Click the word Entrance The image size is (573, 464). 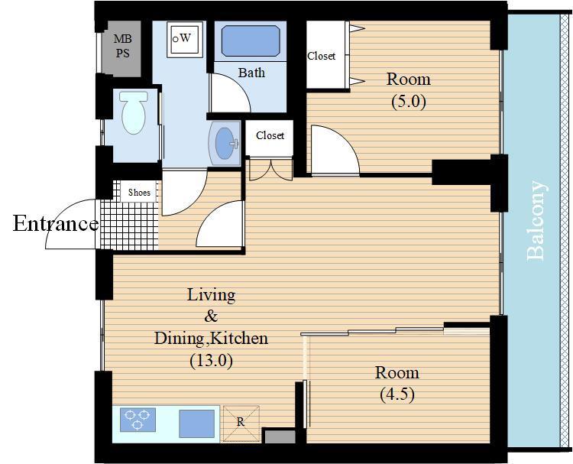click(x=56, y=223)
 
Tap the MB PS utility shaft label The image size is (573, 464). click(x=122, y=46)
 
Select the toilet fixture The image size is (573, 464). click(x=134, y=112)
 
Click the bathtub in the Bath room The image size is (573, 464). click(x=251, y=41)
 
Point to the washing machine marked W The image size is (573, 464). click(x=185, y=39)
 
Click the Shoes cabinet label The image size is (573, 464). click(x=139, y=193)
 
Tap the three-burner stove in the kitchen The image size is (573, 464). click(x=138, y=420)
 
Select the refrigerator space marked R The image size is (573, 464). click(x=241, y=423)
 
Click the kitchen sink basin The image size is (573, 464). click(x=196, y=423)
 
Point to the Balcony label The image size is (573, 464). click(x=536, y=221)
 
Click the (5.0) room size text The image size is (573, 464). click(x=409, y=101)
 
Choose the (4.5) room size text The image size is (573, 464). click(x=397, y=394)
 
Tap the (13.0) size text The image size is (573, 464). click(x=211, y=361)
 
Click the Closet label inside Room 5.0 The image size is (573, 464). click(x=321, y=56)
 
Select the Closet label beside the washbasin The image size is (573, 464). click(x=270, y=135)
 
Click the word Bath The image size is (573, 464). click(x=251, y=73)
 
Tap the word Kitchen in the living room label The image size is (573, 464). click(x=240, y=338)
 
